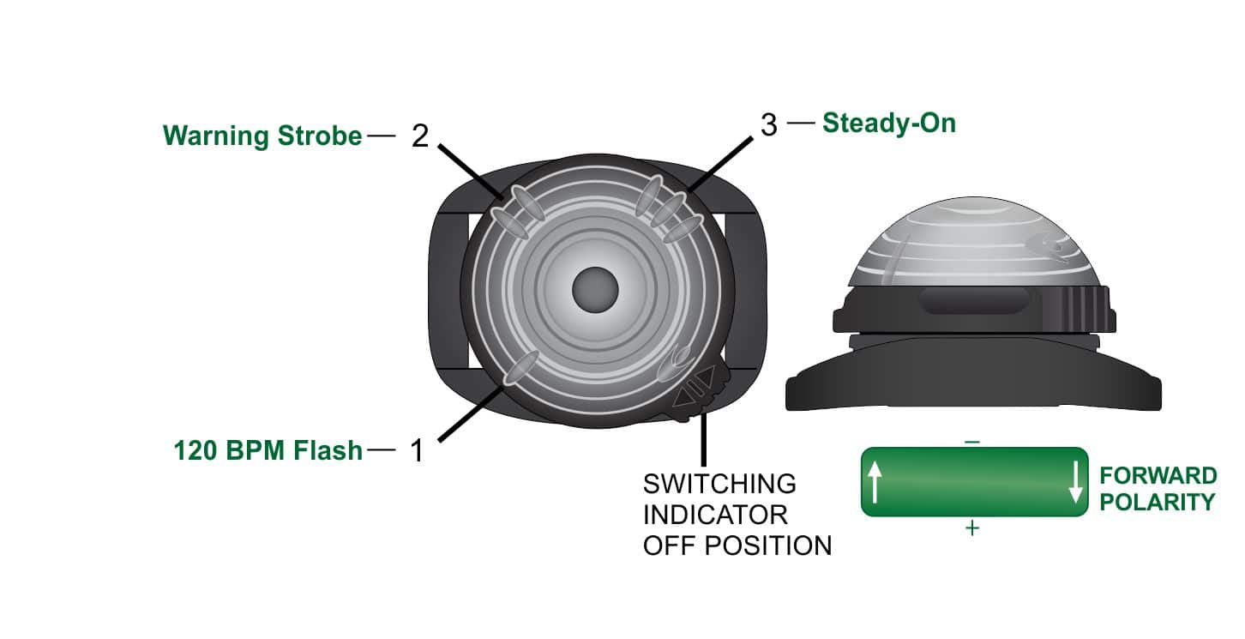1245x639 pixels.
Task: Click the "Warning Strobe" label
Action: coord(262,136)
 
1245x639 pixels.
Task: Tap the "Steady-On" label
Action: coord(888,123)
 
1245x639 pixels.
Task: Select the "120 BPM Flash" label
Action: coord(268,450)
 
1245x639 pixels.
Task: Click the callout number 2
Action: coord(420,136)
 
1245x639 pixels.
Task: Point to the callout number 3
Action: coord(768,124)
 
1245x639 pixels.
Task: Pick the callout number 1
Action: coord(417,450)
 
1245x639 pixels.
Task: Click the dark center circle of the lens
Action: coord(595,290)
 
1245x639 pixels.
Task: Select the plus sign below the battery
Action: coord(972,527)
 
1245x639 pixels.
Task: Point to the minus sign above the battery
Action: coord(972,442)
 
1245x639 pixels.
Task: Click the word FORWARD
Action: coord(1158,476)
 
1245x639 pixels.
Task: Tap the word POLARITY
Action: coord(1158,502)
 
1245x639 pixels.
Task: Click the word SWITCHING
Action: coord(719,484)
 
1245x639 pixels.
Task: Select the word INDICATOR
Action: coord(715,515)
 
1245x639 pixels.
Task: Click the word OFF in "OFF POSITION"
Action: coord(669,546)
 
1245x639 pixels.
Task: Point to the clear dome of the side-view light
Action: coord(973,242)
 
